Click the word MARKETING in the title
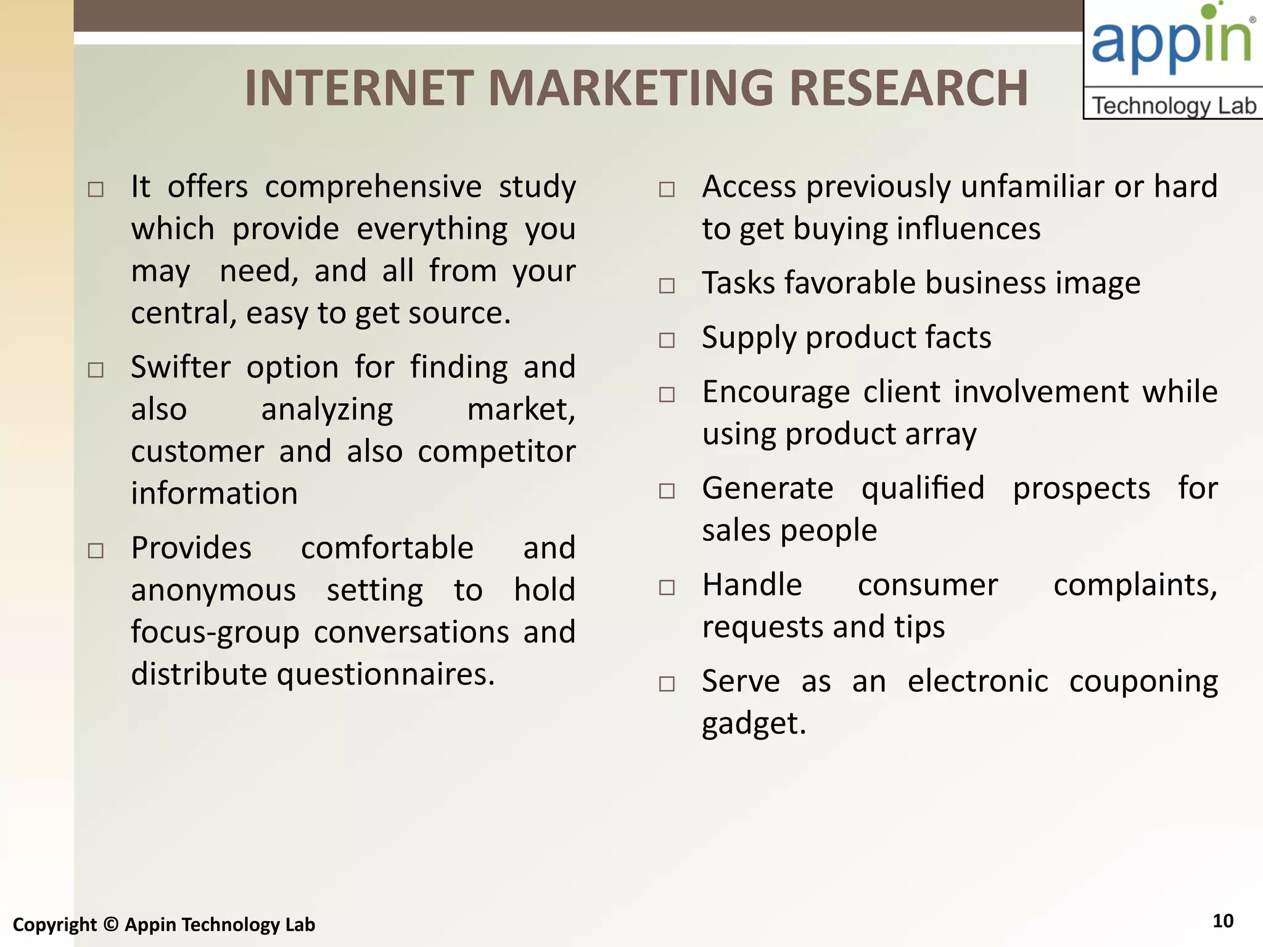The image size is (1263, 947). [630, 88]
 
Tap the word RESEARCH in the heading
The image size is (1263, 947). [908, 88]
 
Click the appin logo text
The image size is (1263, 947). [1171, 40]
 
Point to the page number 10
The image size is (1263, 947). [1223, 921]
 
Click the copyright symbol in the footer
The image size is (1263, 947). [110, 924]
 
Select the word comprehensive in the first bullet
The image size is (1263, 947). [373, 187]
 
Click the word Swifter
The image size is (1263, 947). [181, 367]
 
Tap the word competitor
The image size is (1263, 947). [496, 452]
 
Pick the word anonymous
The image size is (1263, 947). [213, 591]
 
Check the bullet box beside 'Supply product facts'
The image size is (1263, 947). [667, 340]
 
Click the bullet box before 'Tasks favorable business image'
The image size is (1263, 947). [667, 286]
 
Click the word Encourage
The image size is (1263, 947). [775, 392]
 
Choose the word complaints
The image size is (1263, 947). [1135, 586]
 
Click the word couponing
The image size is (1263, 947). [1143, 682]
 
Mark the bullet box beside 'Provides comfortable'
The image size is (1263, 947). [96, 551]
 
